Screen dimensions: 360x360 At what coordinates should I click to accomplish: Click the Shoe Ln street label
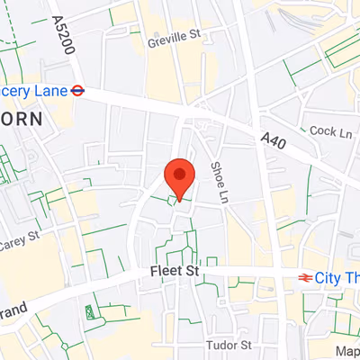(x=219, y=181)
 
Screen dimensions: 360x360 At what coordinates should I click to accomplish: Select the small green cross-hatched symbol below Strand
(x=89, y=312)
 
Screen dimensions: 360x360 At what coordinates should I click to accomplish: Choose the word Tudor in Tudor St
(x=220, y=346)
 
